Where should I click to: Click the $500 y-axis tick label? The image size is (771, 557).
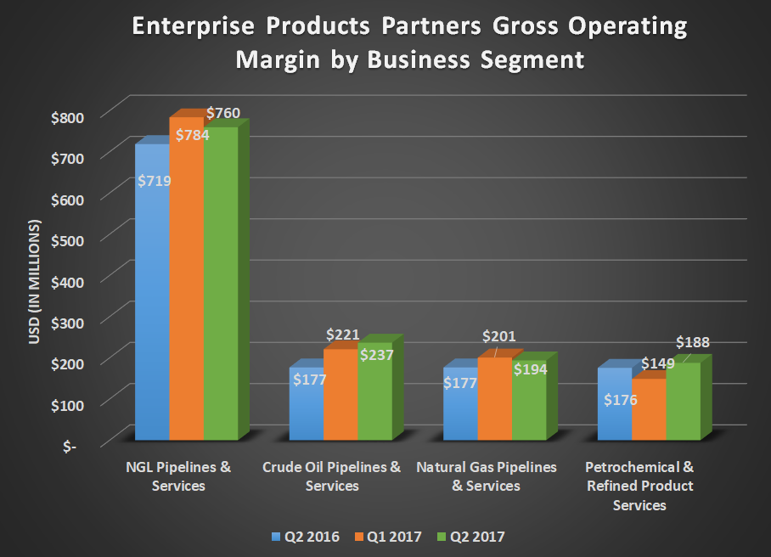72,239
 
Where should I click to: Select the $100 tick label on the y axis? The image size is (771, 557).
72,404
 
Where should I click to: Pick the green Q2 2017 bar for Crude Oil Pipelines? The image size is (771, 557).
374,403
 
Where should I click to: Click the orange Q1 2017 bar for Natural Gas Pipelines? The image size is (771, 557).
494,403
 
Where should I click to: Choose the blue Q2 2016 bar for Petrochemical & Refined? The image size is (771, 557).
614,416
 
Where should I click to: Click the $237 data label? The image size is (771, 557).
375,355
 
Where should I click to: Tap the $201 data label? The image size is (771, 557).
498,337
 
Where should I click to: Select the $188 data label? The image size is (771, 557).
692,342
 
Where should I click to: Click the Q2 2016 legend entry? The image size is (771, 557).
306,537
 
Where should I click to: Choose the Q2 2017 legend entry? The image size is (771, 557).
472,537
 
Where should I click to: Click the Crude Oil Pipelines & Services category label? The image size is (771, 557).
331,476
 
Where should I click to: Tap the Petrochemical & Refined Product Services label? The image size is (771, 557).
639,486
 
